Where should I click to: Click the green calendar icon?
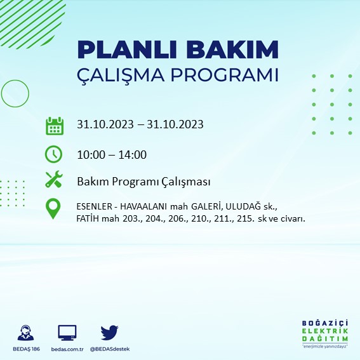click(x=54, y=125)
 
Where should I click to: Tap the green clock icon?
click(x=54, y=154)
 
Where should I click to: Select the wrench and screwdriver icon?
click(x=54, y=180)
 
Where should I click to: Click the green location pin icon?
click(x=54, y=208)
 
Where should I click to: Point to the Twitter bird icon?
click(x=110, y=332)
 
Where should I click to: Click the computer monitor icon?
click(x=67, y=332)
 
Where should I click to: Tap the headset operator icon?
click(x=26, y=333)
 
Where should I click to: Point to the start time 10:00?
click(x=90, y=154)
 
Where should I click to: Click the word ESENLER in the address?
click(x=95, y=206)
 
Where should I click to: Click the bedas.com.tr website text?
click(x=67, y=350)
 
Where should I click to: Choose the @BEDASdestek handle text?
click(x=110, y=350)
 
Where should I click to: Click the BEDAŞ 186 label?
click(x=26, y=350)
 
